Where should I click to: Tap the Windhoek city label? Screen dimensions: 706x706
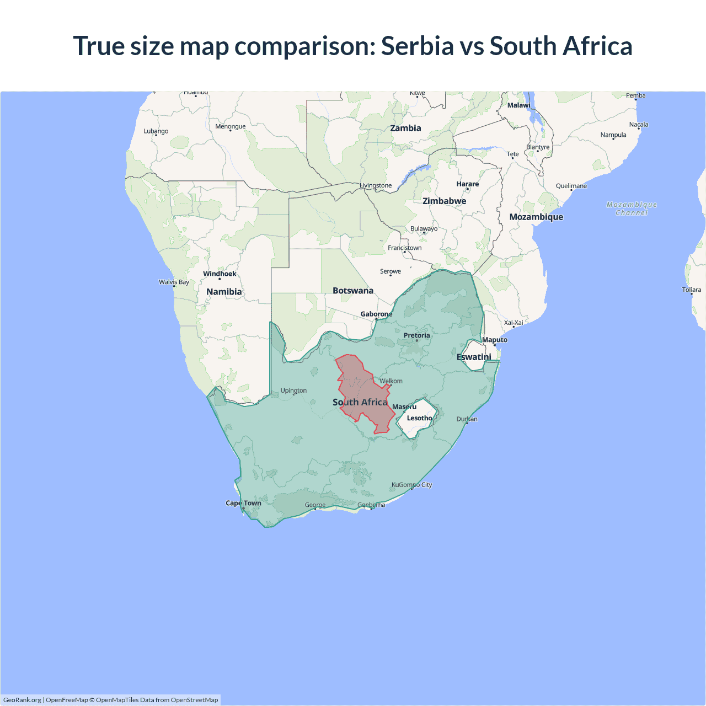point(220,274)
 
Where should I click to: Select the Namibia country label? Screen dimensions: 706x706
point(224,292)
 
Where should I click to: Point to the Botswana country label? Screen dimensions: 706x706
point(353,291)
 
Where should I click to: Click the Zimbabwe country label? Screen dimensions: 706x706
point(444,201)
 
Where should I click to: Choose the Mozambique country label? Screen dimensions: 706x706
point(536,217)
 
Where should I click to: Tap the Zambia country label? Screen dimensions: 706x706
point(405,129)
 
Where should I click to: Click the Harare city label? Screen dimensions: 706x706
point(467,184)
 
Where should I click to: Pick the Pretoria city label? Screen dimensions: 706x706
point(416,335)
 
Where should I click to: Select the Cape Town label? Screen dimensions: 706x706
point(243,503)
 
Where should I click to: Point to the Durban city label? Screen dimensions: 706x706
point(467,419)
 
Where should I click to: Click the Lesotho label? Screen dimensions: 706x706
point(419,418)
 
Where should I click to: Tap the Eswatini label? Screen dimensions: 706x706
point(474,357)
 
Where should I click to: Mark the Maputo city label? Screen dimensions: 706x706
point(495,340)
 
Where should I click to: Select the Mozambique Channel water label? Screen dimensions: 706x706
point(632,208)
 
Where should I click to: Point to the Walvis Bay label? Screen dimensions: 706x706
point(174,282)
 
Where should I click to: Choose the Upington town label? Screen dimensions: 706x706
point(293,391)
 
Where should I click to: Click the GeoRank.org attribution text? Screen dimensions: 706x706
point(22,700)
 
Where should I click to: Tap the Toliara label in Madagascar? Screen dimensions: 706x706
point(691,290)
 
